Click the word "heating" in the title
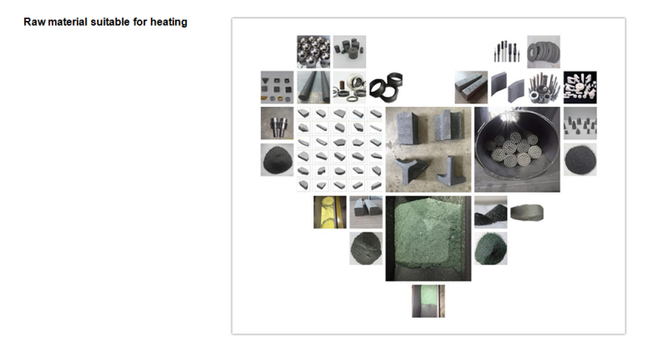pos(168,22)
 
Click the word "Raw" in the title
pos(34,22)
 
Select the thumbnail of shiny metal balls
pos(313,52)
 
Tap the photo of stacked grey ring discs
pos(544,52)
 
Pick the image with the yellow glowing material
pos(329,212)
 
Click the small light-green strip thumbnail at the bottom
pos(429,301)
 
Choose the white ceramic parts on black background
pos(580,87)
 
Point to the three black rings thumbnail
pos(385,87)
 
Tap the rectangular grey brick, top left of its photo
pos(407,127)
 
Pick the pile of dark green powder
pos(491,248)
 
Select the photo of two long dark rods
pos(313,87)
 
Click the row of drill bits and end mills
pos(507,52)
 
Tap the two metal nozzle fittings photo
pos(278,123)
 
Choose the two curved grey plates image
pos(508,87)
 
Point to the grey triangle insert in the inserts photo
pos(265,80)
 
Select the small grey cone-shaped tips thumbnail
pos(580,123)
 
